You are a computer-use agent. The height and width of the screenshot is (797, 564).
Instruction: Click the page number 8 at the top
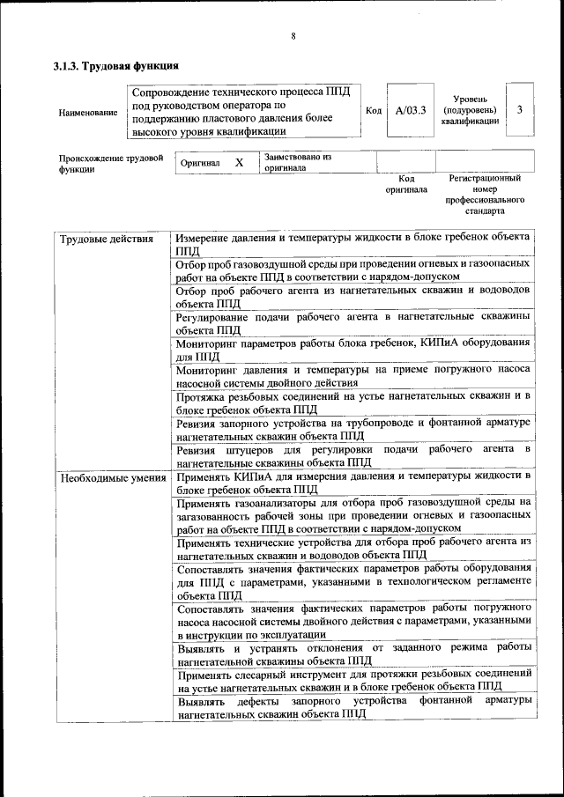[293, 36]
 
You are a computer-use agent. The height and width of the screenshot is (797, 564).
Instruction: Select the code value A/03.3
[411, 111]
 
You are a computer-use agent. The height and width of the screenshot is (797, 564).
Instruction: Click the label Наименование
[87, 113]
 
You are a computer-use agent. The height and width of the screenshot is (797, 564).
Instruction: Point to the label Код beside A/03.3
[373, 111]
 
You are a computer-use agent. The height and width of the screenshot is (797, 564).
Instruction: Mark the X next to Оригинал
[238, 163]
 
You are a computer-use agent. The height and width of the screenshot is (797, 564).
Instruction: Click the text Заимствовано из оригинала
[296, 162]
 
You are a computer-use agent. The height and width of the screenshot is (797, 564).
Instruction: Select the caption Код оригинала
[405, 183]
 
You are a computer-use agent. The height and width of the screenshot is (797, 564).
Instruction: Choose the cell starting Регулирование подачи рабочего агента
[352, 323]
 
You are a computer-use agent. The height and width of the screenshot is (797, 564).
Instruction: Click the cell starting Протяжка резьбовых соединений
[352, 402]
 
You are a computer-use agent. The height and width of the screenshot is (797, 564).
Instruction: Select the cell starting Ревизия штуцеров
[352, 455]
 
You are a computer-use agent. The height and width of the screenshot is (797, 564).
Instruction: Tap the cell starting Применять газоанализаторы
[352, 515]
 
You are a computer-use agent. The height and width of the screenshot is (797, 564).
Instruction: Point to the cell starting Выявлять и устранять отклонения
[352, 653]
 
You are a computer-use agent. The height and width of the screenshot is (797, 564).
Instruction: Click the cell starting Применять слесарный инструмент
[352, 680]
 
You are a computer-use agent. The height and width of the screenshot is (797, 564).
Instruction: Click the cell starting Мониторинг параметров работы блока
[352, 350]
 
